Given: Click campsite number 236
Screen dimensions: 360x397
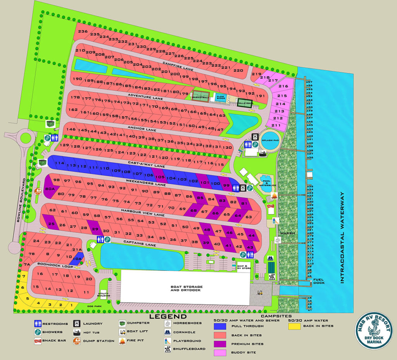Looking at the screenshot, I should click(x=83, y=31).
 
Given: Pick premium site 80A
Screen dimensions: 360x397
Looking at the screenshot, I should click(x=50, y=189).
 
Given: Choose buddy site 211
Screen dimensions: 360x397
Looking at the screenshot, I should click(x=276, y=125).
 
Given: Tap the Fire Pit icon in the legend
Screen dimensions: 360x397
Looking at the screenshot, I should click(x=123, y=341).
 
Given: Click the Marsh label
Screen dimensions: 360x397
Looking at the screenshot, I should click(x=288, y=233).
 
